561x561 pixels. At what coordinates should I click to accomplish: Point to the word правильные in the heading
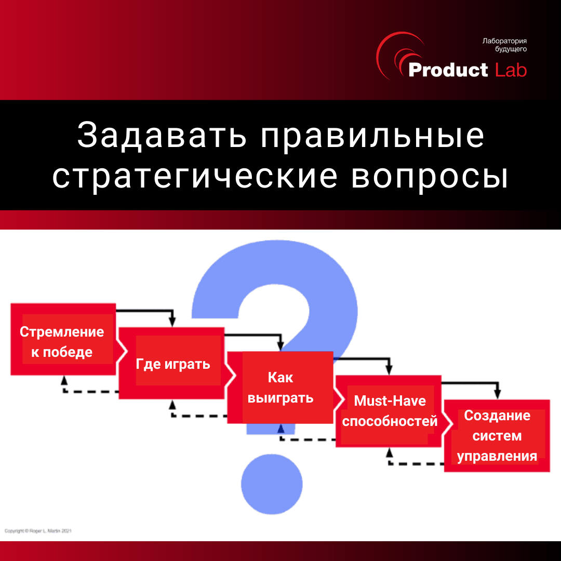click(372, 137)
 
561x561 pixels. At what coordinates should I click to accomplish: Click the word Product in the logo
click(448, 70)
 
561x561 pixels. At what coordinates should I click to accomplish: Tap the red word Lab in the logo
click(511, 70)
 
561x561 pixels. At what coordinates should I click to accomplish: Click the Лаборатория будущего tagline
click(504, 45)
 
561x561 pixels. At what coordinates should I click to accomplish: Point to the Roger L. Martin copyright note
click(38, 531)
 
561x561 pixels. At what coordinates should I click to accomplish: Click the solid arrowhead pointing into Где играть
click(172, 322)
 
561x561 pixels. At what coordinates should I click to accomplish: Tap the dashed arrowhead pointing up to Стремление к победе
click(64, 380)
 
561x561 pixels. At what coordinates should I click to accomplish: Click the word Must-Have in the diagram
click(390, 400)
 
